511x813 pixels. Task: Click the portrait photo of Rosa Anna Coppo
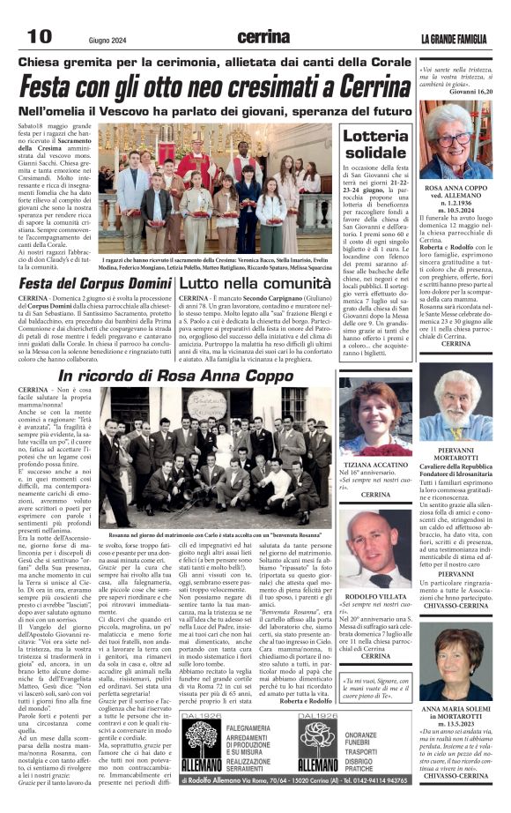click(463, 139)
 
